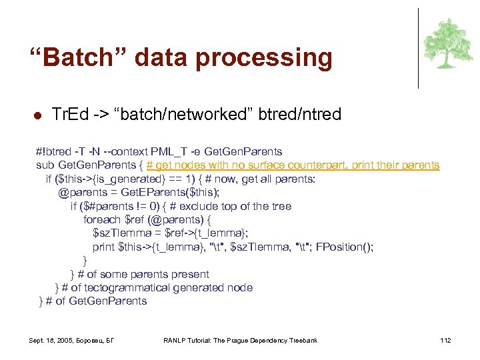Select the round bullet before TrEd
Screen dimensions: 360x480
click(x=38, y=116)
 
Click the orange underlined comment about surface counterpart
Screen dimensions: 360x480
click(x=293, y=165)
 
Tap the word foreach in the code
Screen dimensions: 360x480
click(x=103, y=220)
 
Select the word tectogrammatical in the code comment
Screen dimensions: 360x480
click(x=129, y=288)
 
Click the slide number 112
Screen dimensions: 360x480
click(x=445, y=341)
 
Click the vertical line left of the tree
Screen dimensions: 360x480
click(x=418, y=49)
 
